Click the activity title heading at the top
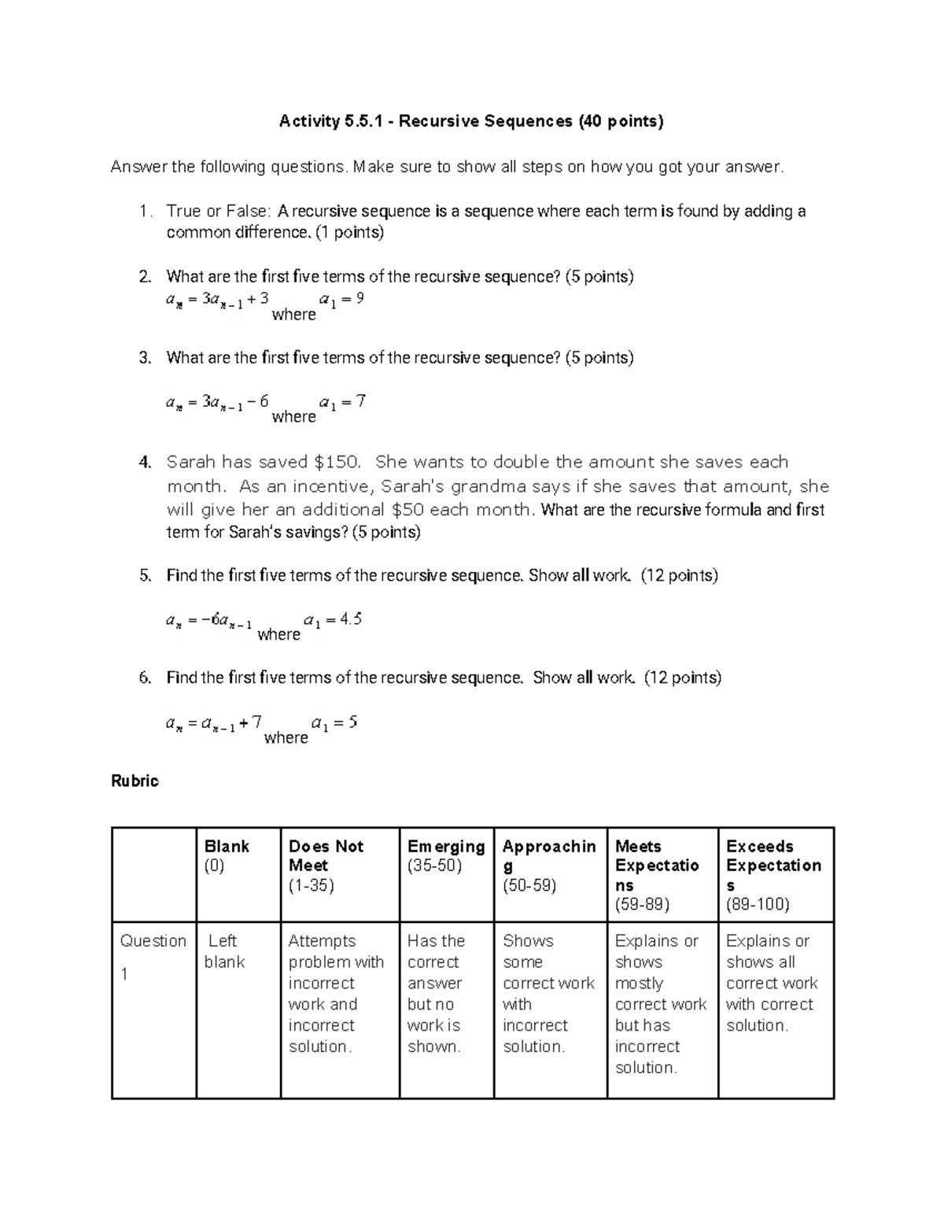(x=471, y=121)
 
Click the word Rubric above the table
(x=135, y=781)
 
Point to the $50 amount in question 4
(x=408, y=509)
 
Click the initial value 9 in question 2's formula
(x=360, y=298)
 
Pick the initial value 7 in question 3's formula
(x=360, y=401)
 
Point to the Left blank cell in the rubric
(x=225, y=951)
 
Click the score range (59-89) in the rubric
(x=642, y=904)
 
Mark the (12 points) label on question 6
(x=682, y=677)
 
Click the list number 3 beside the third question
(x=144, y=358)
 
